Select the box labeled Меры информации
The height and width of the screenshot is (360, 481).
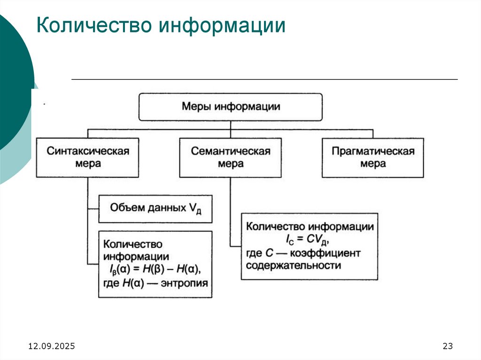pos(231,107)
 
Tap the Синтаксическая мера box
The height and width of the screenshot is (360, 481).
pos(87,157)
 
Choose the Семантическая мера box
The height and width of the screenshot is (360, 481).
pos(231,157)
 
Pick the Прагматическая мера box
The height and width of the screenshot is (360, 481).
pos(373,157)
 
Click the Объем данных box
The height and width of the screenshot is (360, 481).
pos(155,209)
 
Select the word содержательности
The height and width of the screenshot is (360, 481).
pos(293,266)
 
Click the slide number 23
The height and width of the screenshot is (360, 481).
pos(447,346)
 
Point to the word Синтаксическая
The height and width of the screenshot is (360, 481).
pos(88,151)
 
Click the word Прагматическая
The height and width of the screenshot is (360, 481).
pos(373,151)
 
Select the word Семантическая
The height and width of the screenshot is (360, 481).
pos(231,151)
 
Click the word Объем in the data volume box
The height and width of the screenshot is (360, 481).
pos(123,207)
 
